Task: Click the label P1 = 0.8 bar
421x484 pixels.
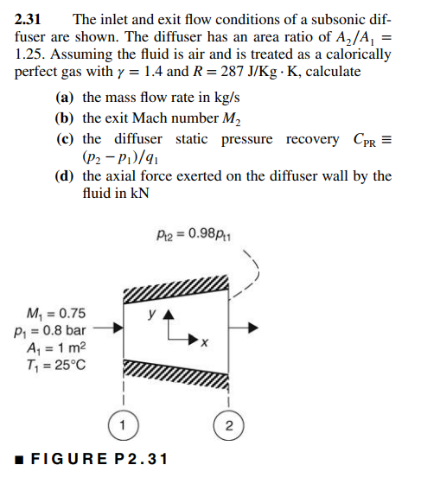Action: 50,329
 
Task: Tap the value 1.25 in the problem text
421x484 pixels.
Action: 31,54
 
